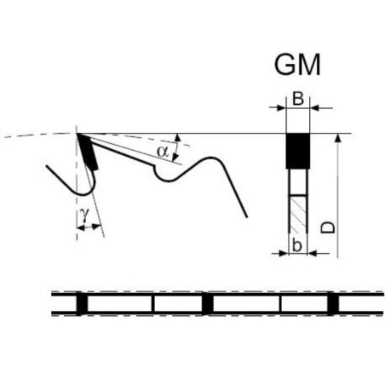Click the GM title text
297,65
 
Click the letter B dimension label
298,99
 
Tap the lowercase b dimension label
296,245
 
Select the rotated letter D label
328,227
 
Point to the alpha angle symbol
163,152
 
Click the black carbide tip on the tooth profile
88,152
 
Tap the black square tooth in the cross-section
297,151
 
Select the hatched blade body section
297,214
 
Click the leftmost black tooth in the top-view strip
82,303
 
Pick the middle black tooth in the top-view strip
208,303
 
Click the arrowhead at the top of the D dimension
337,137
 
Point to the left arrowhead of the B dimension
281,108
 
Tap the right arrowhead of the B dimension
314,108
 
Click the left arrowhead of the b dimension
284,253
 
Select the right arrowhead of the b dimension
312,253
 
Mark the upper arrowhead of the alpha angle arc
178,137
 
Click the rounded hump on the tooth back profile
210,158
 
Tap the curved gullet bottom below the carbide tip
84,194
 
